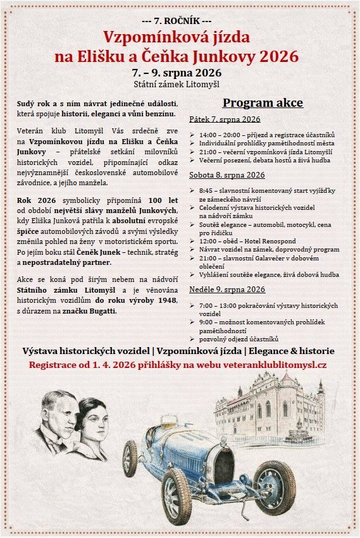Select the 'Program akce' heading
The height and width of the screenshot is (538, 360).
(263, 103)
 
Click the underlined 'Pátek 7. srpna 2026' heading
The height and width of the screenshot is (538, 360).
(225, 119)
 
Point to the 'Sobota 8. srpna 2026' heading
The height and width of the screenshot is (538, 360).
(227, 174)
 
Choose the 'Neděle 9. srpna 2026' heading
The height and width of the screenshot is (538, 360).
(227, 290)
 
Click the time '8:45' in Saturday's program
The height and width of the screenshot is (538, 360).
(207, 190)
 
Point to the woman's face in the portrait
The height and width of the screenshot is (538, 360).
(91, 425)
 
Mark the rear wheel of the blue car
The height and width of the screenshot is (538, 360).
(130, 458)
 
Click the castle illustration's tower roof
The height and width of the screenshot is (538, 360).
(287, 380)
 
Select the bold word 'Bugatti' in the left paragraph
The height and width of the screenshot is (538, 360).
(101, 312)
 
